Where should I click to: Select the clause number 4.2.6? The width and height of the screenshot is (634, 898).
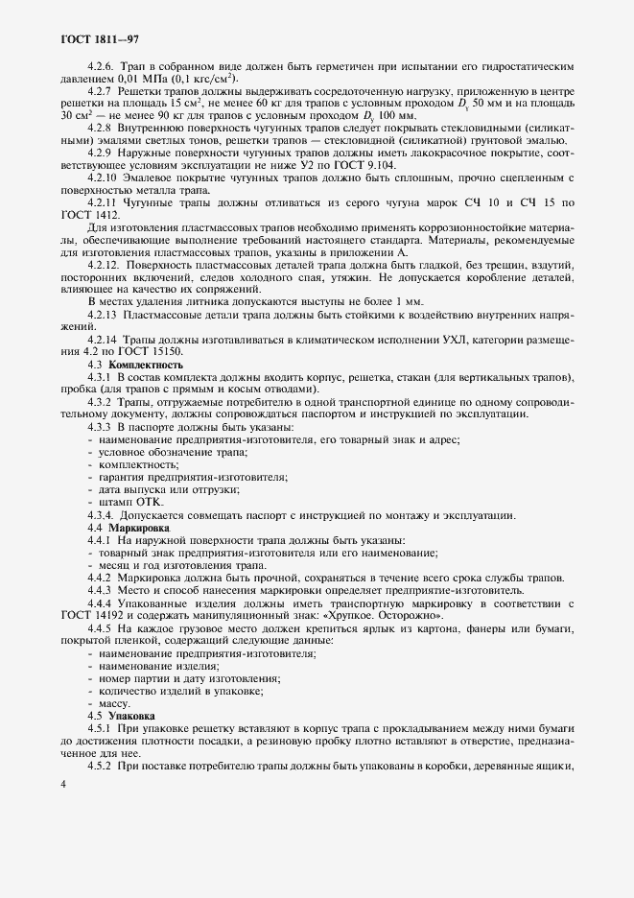pos(102,67)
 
